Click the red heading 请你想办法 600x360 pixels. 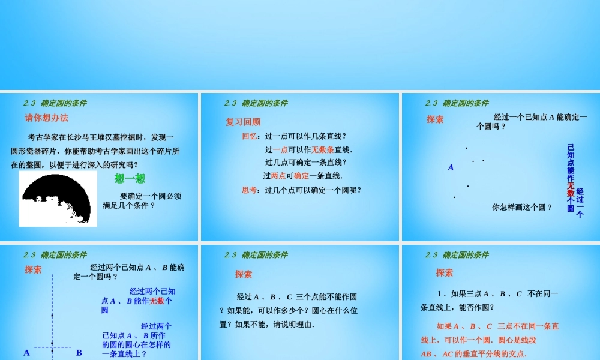[x=46, y=118]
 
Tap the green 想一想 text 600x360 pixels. [x=130, y=178]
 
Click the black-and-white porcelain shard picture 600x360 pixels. [x=58, y=199]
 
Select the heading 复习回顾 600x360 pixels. [x=243, y=122]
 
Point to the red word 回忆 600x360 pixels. [x=249, y=136]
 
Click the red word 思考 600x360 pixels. [x=249, y=190]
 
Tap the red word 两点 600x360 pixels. [x=278, y=176]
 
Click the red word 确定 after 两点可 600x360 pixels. [x=301, y=176]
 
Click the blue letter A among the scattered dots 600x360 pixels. [x=451, y=168]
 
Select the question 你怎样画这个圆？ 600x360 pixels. [x=522, y=207]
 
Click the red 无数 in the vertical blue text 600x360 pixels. [x=571, y=189]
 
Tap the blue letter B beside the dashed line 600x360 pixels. [x=79, y=353]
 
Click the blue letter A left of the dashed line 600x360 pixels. [x=26, y=353]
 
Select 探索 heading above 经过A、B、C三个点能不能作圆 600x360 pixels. [x=244, y=274]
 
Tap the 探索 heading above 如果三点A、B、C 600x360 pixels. [x=445, y=272]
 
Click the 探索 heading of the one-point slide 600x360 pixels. [x=436, y=119]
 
